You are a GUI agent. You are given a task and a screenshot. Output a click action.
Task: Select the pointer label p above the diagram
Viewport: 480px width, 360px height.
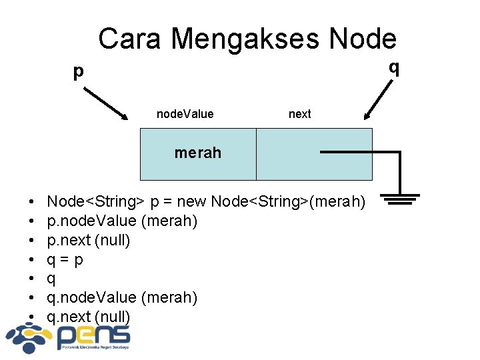(79, 71)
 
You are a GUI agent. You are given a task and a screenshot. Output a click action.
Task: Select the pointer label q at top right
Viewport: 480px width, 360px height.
(395, 67)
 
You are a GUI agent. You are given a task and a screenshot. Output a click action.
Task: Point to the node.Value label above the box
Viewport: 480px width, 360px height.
(185, 114)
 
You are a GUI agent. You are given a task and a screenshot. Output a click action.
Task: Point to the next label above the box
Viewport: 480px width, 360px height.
(299, 114)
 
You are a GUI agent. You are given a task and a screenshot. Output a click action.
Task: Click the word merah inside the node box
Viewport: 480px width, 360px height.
(197, 153)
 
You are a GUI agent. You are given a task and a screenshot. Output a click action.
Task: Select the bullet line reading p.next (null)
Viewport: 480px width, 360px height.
(88, 239)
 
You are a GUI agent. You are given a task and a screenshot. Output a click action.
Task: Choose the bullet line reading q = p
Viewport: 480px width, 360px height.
(65, 259)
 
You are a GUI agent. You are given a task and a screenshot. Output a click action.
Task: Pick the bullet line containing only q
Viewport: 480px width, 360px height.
(51, 278)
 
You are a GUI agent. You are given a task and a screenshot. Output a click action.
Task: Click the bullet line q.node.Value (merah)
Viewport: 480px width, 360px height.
(121, 297)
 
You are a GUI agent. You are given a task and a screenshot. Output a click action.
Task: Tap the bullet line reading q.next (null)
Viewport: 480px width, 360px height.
(88, 316)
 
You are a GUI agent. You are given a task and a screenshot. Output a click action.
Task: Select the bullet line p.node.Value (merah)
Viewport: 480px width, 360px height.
(121, 220)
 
